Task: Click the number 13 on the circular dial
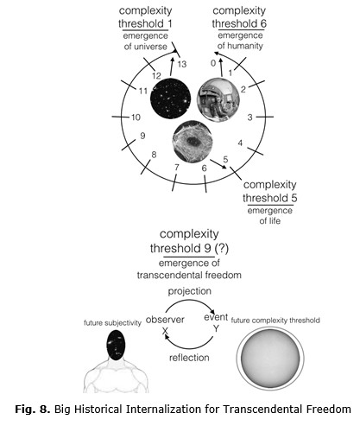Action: click(182, 64)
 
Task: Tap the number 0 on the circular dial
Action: click(213, 63)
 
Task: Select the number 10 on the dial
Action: click(136, 118)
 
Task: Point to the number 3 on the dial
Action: click(249, 118)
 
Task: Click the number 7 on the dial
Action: click(177, 167)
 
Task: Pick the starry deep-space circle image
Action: click(171, 98)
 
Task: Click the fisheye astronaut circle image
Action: click(218, 99)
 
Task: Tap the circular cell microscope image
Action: click(193, 141)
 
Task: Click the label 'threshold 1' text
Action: click(145, 23)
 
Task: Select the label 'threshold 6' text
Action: click(239, 23)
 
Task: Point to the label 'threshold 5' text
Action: click(270, 198)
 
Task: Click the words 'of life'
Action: click(270, 221)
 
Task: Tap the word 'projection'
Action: click(190, 291)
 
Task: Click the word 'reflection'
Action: click(189, 358)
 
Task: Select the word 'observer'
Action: click(165, 320)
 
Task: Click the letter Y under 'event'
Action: click(217, 328)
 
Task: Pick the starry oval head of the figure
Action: click(117, 345)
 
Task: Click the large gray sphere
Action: click(270, 358)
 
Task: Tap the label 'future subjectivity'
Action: click(112, 323)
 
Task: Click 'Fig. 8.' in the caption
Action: click(33, 409)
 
